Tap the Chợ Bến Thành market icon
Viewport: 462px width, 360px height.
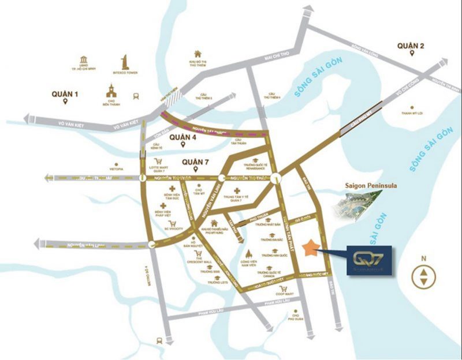coord(111,90)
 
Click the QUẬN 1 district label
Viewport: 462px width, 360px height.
coord(64,93)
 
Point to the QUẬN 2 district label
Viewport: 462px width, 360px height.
coord(411,46)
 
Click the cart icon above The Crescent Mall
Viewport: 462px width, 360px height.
coord(199,254)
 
